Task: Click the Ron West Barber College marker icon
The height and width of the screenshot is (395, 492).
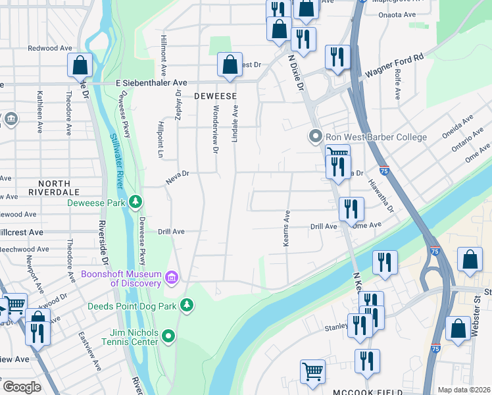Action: point(316,137)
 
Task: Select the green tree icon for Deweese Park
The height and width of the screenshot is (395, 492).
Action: point(136,201)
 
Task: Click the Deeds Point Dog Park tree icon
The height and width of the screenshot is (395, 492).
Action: point(187,305)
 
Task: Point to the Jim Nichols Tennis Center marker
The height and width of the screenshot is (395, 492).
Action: point(169,336)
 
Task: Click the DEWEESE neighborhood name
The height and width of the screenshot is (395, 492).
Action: point(215,96)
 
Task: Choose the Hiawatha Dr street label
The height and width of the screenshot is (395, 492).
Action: point(380,196)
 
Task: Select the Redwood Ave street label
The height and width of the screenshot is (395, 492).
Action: point(50,48)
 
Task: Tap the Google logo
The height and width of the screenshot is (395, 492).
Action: point(21,387)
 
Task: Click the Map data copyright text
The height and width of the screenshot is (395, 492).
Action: point(464,390)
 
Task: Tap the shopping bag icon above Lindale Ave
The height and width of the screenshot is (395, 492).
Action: point(230,65)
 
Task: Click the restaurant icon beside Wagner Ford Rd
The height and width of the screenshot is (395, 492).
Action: point(337,57)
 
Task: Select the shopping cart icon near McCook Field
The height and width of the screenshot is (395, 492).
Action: point(312,371)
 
